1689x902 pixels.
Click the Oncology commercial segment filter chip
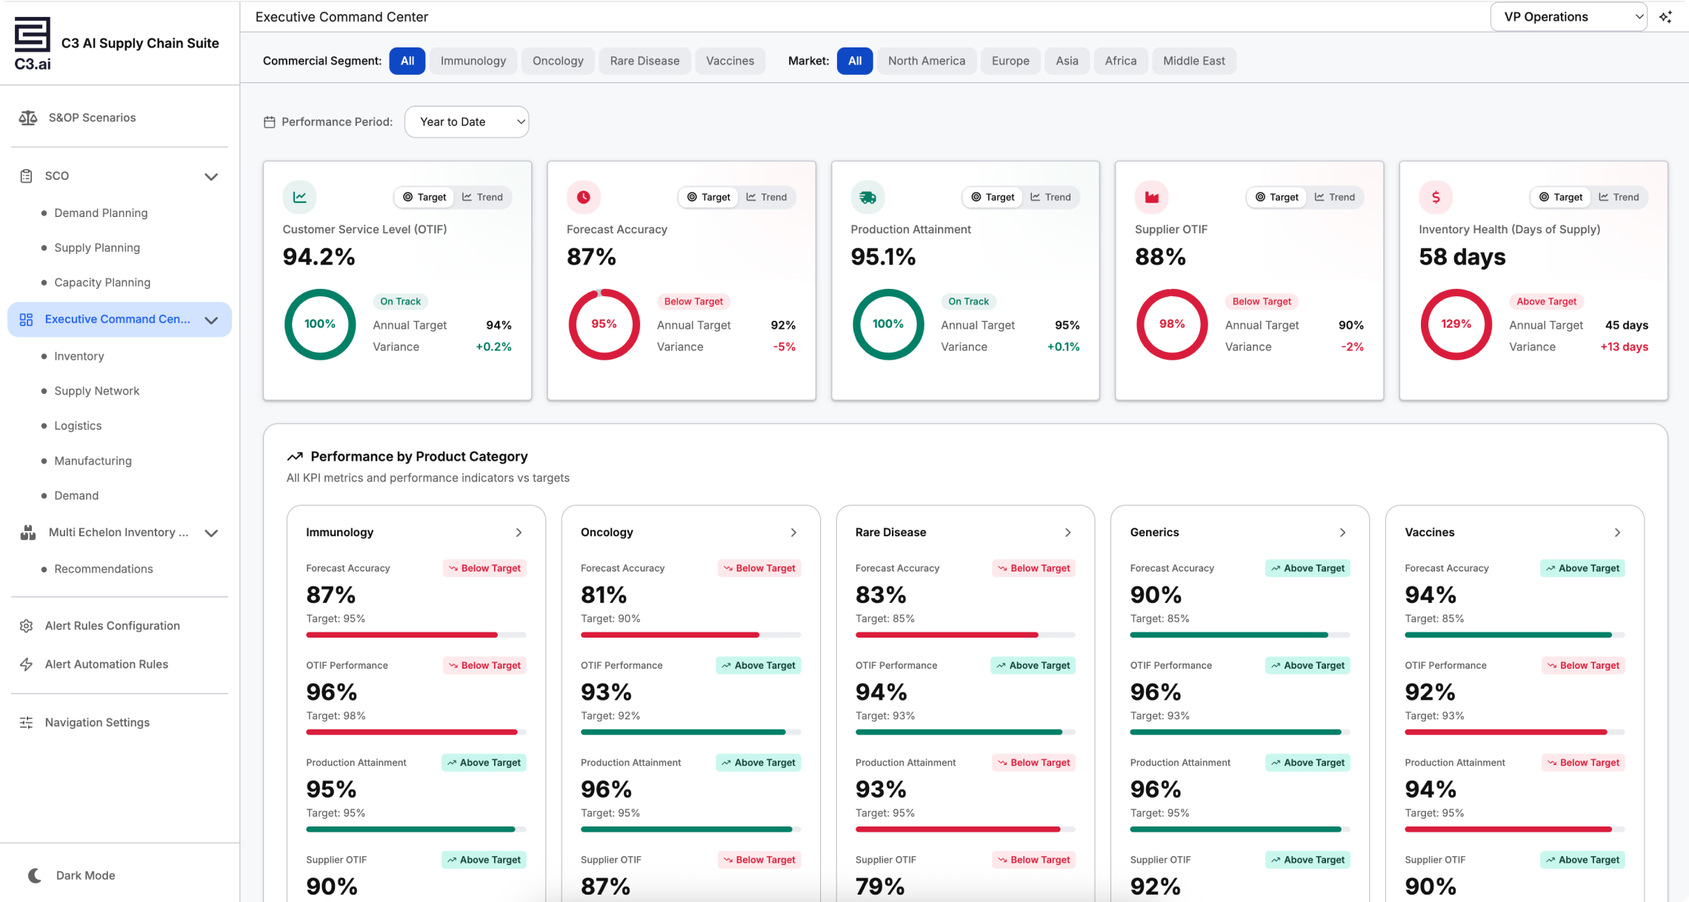pyautogui.click(x=558, y=61)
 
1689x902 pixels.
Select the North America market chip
pyautogui.click(x=926, y=61)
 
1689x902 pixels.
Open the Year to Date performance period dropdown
pyautogui.click(x=467, y=121)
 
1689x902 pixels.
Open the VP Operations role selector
pyautogui.click(x=1568, y=17)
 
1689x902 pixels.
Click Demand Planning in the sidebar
pyautogui.click(x=101, y=213)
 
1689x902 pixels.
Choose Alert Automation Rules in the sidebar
pyautogui.click(x=107, y=664)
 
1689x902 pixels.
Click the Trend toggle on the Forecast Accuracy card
pyautogui.click(x=767, y=197)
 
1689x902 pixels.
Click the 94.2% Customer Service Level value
pyautogui.click(x=319, y=257)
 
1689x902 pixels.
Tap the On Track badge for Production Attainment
pyautogui.click(x=968, y=301)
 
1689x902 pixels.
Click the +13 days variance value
pyautogui.click(x=1624, y=347)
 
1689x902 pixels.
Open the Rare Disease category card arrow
pyautogui.click(x=1067, y=532)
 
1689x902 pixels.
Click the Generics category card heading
pyautogui.click(x=1154, y=532)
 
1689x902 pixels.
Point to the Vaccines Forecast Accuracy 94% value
pyautogui.click(x=1430, y=595)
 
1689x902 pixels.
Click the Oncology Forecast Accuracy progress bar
pyautogui.click(x=690, y=635)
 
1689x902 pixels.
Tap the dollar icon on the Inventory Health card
pyautogui.click(x=1436, y=197)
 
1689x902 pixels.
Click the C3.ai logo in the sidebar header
pyautogui.click(x=33, y=44)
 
